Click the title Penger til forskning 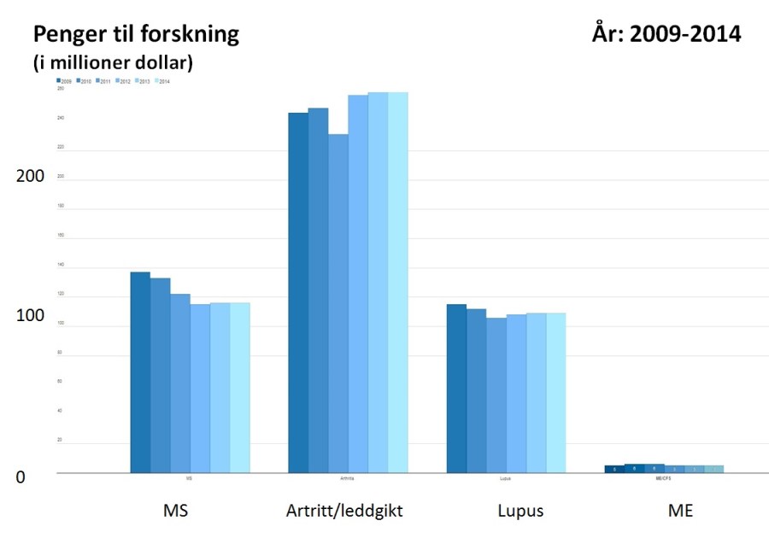point(135,35)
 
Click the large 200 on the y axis point(32,176)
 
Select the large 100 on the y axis point(32,316)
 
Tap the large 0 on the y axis point(21,477)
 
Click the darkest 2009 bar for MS point(140,372)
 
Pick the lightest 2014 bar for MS point(240,388)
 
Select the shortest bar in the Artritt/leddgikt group point(338,303)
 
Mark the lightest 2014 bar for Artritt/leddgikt point(398,283)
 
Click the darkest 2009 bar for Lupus point(456,389)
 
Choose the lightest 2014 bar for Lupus point(556,393)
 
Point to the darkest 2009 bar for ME point(614,469)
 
